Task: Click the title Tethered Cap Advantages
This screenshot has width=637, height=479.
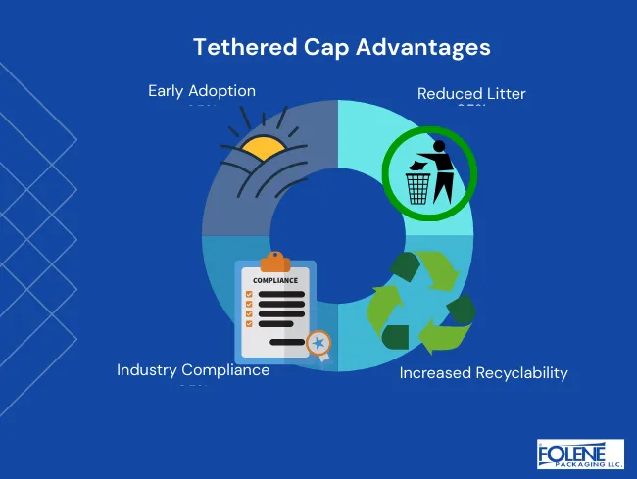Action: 341,47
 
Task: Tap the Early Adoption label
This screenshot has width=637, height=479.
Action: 202,91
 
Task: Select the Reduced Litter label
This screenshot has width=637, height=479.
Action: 471,94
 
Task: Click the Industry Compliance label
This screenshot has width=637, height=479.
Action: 193,370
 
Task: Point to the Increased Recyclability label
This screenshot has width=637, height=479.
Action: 483,373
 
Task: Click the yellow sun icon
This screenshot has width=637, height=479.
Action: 264,150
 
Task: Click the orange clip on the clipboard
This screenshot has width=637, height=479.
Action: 274,262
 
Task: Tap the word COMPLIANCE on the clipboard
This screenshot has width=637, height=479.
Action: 274,280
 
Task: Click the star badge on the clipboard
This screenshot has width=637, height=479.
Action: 317,343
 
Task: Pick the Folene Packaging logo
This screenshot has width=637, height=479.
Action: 580,455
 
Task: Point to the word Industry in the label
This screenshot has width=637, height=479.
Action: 150,370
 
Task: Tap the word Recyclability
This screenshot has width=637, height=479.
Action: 520,373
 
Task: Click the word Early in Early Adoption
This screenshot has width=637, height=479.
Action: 167,91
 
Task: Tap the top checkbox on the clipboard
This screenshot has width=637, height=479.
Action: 249,293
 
